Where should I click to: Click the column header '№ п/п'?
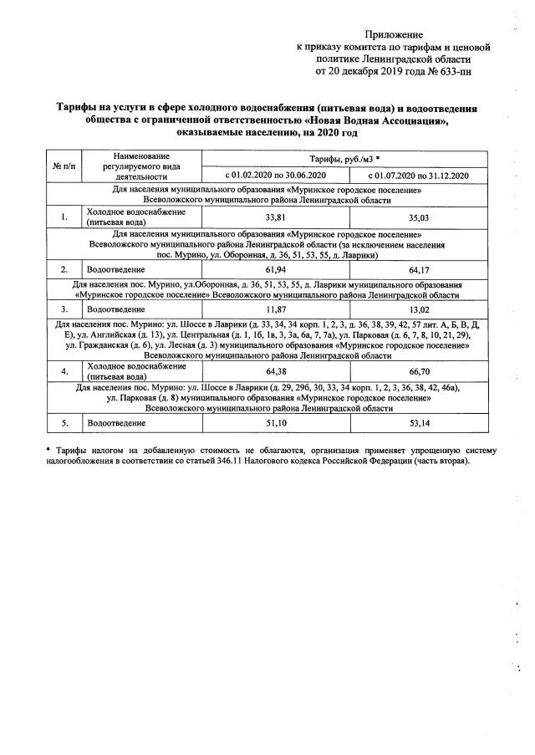64,166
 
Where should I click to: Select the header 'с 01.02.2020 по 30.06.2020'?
277,175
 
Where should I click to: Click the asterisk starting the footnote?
48,450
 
